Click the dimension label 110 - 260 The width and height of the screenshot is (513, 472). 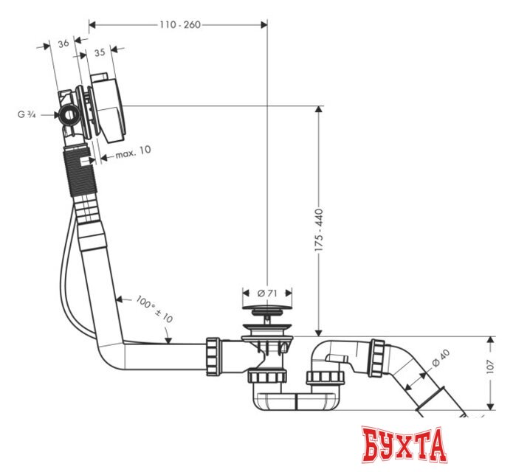tap(180, 24)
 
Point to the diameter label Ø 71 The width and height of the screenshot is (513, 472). tap(267, 294)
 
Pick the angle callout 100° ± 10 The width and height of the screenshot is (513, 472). tap(154, 309)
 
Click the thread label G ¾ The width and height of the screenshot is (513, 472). tap(27, 114)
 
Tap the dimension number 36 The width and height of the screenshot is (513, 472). tap(63, 44)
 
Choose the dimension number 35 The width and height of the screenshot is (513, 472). tap(99, 52)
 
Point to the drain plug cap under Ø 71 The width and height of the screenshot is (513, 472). tap(266, 314)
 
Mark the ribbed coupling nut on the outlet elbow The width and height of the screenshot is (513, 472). tap(379, 357)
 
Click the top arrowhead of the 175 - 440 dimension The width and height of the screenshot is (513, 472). tap(319, 111)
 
